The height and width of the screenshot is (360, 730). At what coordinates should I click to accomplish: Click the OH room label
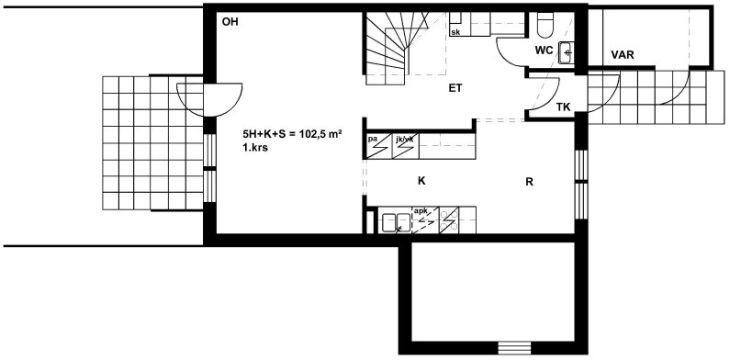point(230,21)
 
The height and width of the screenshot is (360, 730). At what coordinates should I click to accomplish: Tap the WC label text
point(545,50)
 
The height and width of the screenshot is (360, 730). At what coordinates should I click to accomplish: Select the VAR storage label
point(623,55)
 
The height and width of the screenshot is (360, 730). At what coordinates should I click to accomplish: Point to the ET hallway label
point(455,88)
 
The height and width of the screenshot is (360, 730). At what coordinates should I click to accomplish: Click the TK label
point(563,107)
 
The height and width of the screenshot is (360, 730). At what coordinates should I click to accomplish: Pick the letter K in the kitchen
point(421,181)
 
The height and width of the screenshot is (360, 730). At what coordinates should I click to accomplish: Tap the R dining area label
point(529,182)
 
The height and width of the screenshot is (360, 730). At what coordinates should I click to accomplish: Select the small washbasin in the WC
point(567,52)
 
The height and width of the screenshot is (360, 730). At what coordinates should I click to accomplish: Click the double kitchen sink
point(396,222)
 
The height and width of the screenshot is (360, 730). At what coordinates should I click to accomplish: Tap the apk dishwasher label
point(421,211)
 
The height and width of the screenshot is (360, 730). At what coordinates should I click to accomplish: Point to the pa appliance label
point(372,139)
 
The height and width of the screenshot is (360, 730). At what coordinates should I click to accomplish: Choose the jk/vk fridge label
point(403,139)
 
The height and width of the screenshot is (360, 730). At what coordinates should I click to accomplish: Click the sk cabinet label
point(455,32)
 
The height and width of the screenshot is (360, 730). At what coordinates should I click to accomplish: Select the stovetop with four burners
point(449,220)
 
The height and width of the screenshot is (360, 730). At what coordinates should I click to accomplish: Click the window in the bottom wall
point(514,348)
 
